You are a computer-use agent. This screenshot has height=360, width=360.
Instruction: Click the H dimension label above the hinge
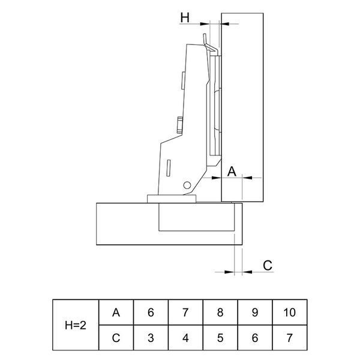[x=185, y=17]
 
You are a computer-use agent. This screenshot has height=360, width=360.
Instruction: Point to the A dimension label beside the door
[x=232, y=171]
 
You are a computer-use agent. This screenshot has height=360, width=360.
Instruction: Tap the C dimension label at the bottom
[x=268, y=265]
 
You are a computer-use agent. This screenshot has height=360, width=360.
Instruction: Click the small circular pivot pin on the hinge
[x=187, y=185]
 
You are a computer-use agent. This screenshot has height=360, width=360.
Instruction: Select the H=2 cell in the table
[x=76, y=325]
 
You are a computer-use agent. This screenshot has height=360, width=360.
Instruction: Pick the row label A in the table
[x=116, y=313]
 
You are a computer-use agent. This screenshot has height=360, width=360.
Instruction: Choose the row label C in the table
[x=116, y=338]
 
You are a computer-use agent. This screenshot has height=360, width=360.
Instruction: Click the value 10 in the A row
[x=290, y=313]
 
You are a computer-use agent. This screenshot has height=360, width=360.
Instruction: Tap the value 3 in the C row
[x=151, y=338]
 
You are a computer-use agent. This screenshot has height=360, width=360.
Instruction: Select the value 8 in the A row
[x=220, y=313]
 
